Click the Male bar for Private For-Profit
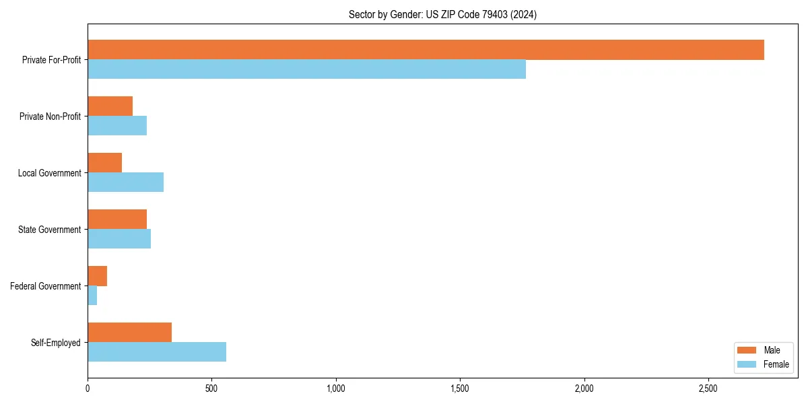coord(426,50)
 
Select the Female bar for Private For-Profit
coord(306,69)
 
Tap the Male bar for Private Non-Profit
coord(110,106)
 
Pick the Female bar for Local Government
coord(125,182)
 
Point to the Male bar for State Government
coord(117,220)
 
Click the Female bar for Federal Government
coord(92,296)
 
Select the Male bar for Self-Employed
coord(129,333)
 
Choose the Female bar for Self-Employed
coord(157,352)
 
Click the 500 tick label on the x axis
coord(211,389)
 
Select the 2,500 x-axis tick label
coord(708,389)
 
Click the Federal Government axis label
coord(46,286)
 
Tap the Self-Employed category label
coord(56,343)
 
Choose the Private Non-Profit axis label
coord(50,116)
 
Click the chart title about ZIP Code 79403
coord(442,14)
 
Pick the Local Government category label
coord(49,173)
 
